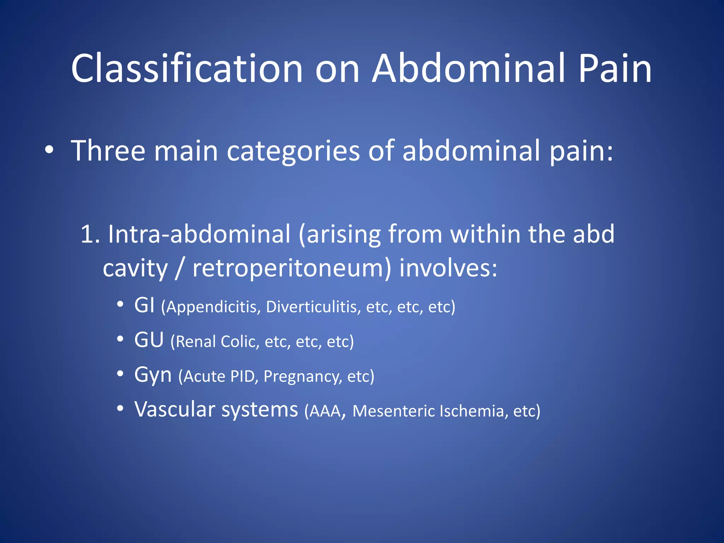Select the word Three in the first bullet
(x=108, y=151)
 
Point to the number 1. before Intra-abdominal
(x=90, y=234)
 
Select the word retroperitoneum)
(x=292, y=269)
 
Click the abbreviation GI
(x=144, y=305)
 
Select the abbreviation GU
(x=149, y=340)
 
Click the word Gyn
(x=153, y=375)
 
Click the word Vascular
(x=175, y=409)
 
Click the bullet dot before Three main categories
(x=49, y=150)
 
